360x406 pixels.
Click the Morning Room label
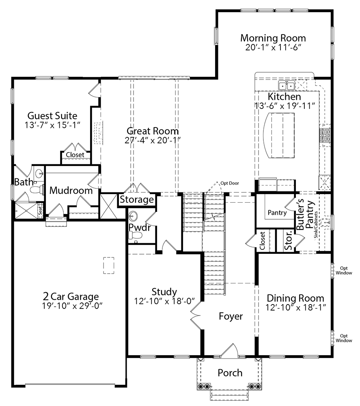(x=273, y=38)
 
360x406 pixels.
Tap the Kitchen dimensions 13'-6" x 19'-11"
(x=285, y=106)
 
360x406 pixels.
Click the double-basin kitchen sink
(x=287, y=85)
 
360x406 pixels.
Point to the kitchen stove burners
(x=325, y=135)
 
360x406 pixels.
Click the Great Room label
(x=152, y=131)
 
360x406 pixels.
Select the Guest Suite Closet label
(x=75, y=155)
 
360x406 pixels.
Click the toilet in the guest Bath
(x=37, y=190)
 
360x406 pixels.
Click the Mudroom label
(x=71, y=190)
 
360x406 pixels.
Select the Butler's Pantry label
(x=304, y=216)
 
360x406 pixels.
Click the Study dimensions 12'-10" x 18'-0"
(x=164, y=301)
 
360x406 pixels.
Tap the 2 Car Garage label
(x=71, y=296)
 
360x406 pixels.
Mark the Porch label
(x=230, y=373)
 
